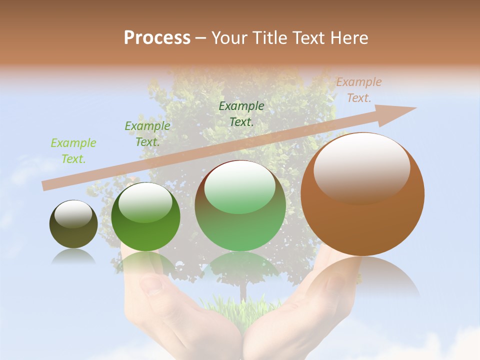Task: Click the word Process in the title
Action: point(157,37)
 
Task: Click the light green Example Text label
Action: point(73,151)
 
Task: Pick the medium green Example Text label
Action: point(147,134)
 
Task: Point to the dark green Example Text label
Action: point(241,113)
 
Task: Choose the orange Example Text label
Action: point(359,90)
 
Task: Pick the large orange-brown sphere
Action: point(362,215)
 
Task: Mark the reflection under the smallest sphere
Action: point(73,256)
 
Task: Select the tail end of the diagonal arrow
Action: point(47,185)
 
